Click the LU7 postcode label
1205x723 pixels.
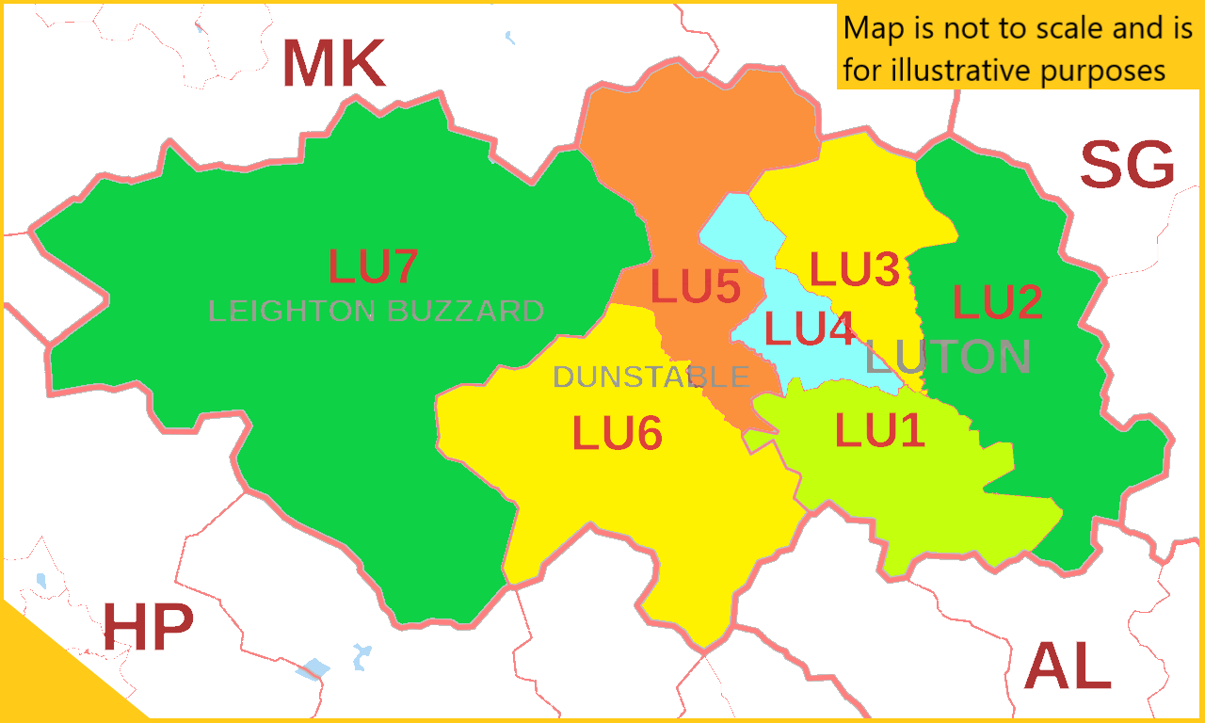click(373, 266)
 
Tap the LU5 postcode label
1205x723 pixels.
click(695, 286)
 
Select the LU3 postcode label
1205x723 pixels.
click(855, 270)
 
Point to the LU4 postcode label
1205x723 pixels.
click(810, 329)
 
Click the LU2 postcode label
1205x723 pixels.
click(997, 302)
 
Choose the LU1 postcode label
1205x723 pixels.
click(880, 431)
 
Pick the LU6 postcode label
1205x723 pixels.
click(618, 434)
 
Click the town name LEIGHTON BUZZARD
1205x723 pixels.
click(376, 312)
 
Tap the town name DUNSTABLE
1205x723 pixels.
click(651, 378)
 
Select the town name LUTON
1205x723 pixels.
click(948, 358)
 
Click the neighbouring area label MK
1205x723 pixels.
click(333, 64)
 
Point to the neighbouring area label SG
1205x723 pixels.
click(1127, 166)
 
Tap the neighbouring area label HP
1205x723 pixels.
click(148, 628)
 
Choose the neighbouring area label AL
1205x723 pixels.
click(1068, 667)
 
